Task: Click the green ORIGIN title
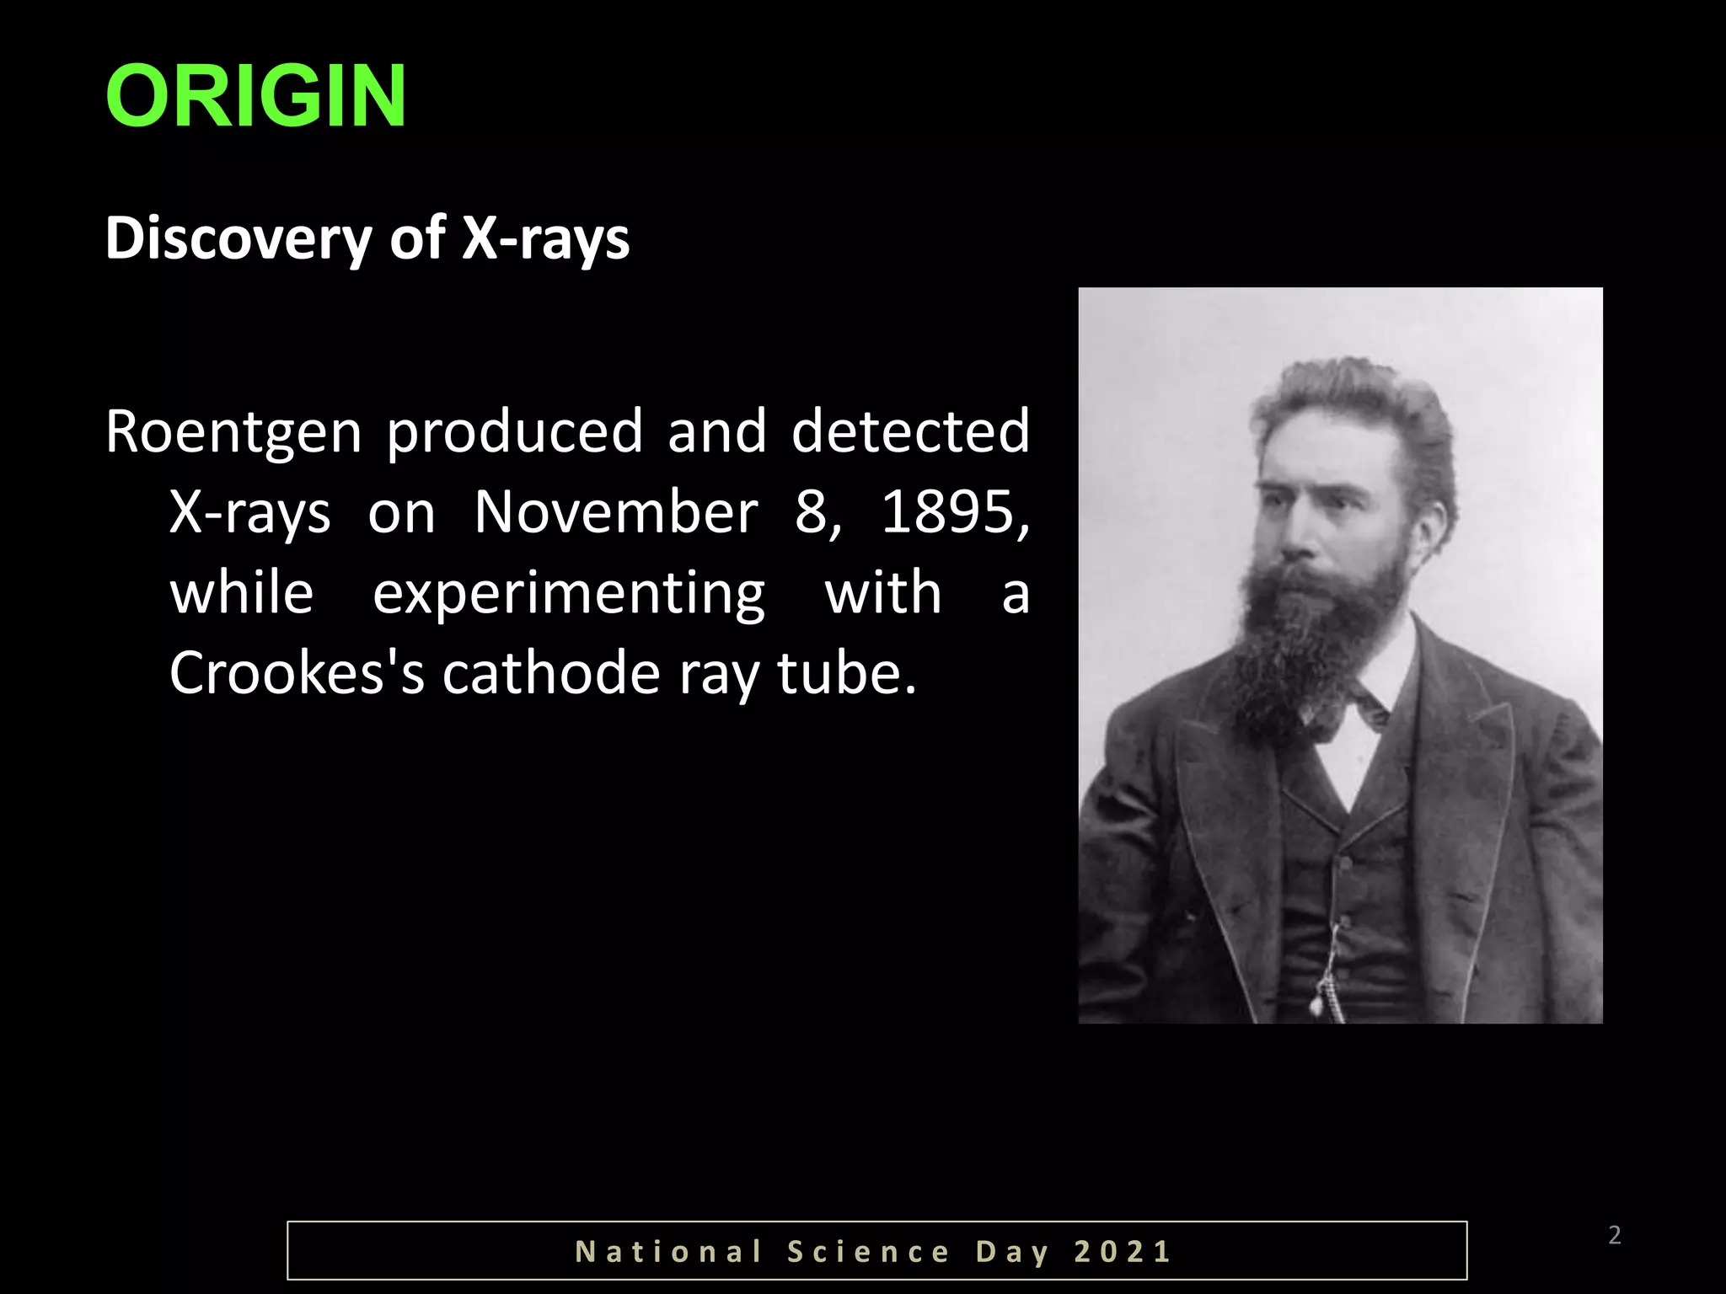coord(256,97)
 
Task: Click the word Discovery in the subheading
coord(238,238)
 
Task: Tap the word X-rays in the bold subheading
coord(545,238)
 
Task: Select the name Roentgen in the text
coord(233,432)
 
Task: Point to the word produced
coord(514,430)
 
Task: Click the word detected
coord(910,430)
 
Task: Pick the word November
coord(615,511)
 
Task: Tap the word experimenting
coord(569,594)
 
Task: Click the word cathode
coord(550,673)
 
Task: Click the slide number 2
coord(1614,1236)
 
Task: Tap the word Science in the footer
coord(868,1252)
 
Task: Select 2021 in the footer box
coord(1123,1252)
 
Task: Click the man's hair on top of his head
coord(1348,396)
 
